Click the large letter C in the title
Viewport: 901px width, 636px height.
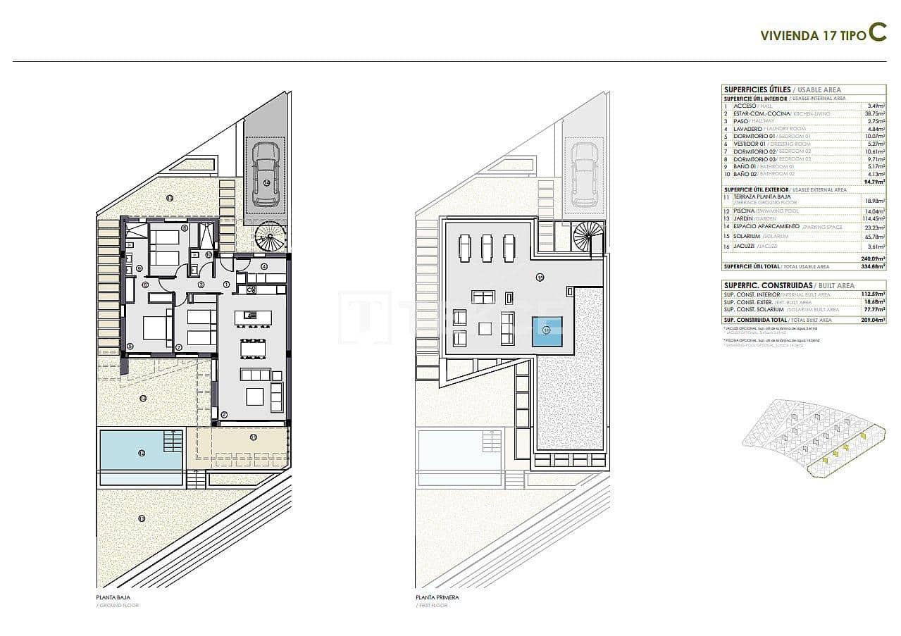click(x=877, y=33)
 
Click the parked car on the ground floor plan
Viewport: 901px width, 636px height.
click(x=265, y=173)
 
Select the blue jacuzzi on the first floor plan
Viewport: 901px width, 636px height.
click(x=547, y=330)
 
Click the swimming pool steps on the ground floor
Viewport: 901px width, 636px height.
click(x=173, y=442)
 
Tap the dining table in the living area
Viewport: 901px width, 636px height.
click(x=253, y=348)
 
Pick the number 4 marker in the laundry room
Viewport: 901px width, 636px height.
click(x=263, y=266)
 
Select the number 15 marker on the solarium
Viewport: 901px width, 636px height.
click(x=540, y=278)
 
